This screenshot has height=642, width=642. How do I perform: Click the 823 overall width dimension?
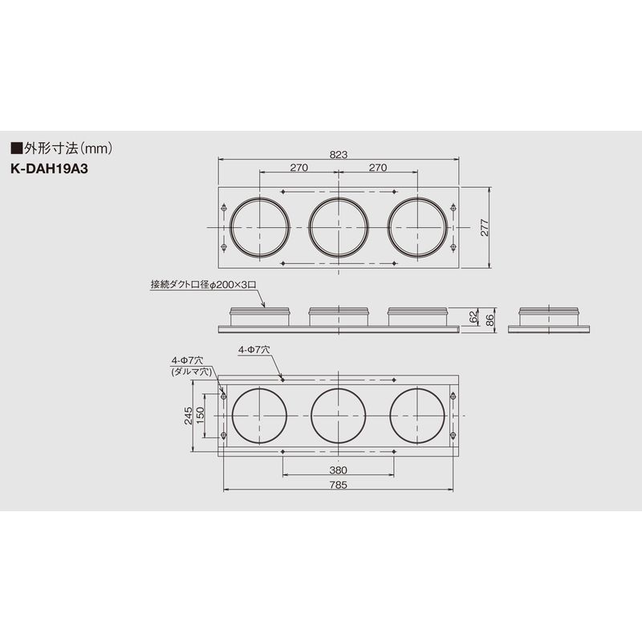tap(338, 154)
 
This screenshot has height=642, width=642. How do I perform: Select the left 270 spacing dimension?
tap(299, 168)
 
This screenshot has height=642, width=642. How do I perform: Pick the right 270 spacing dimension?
tap(377, 168)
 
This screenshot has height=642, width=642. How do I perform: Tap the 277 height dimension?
tap(485, 228)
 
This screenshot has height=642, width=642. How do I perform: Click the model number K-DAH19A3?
tap(49, 169)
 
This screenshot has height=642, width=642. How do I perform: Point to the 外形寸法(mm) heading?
tap(62, 148)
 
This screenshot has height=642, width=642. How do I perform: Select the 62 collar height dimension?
tap(473, 317)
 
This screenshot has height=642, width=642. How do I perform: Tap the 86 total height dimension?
tap(490, 320)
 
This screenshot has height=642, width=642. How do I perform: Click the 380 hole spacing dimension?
tap(338, 470)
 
